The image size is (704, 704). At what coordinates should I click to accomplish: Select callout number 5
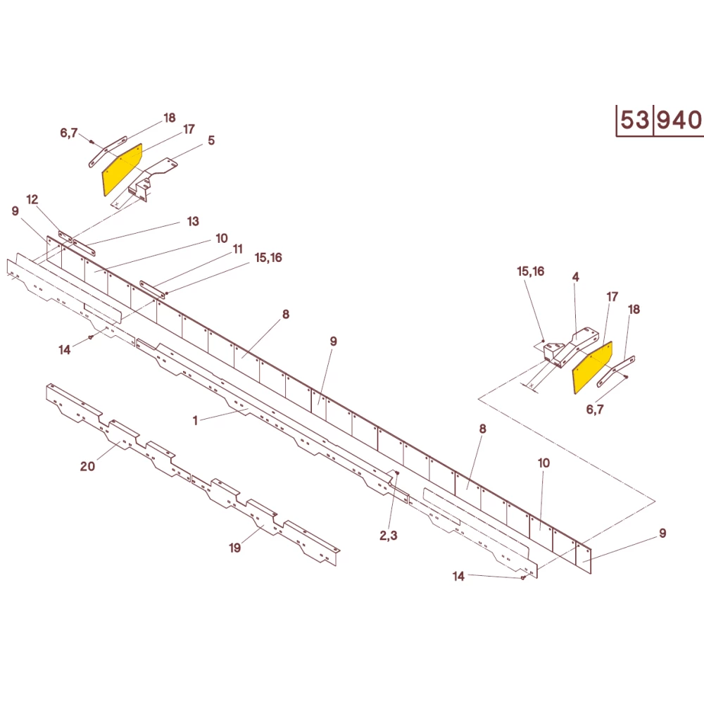210,141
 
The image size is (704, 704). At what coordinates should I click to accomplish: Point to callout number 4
575,277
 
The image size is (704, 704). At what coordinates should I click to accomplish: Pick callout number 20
87,465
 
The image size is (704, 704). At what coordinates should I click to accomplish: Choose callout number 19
235,548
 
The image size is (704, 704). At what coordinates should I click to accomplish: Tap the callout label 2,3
389,535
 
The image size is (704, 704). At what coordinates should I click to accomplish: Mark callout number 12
32,199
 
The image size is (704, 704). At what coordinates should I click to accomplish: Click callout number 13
193,221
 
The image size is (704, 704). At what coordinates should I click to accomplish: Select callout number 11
238,249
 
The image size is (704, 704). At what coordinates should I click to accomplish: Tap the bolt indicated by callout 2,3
397,474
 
